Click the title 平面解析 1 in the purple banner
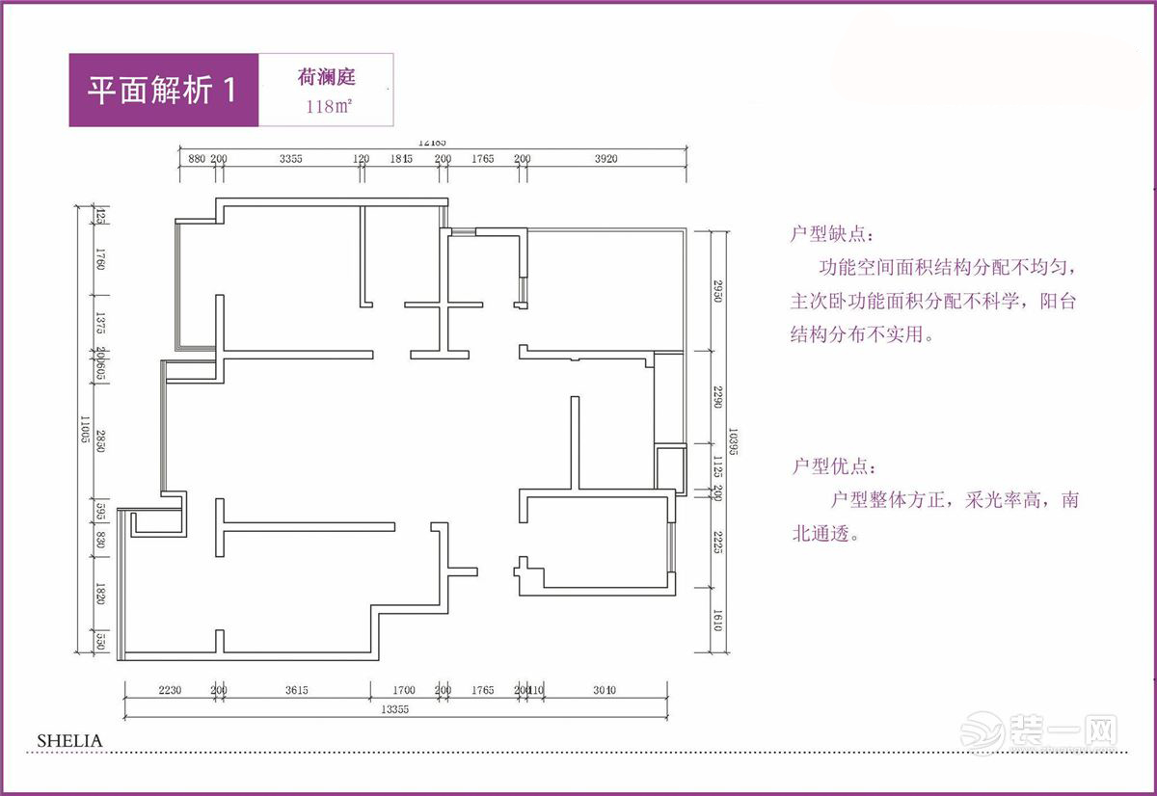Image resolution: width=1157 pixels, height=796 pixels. [x=161, y=90]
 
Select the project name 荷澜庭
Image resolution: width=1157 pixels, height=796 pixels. [x=327, y=77]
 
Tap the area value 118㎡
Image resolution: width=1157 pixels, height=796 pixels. [x=327, y=107]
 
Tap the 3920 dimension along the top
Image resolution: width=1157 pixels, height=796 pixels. [x=605, y=159]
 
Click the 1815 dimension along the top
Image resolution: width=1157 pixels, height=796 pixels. [x=401, y=159]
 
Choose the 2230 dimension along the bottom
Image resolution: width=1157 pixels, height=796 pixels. [x=170, y=690]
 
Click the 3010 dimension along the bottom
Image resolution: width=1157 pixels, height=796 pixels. [x=605, y=690]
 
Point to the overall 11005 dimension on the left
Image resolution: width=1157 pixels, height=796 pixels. [x=85, y=429]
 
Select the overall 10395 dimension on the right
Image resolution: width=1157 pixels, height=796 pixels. [x=733, y=442]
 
